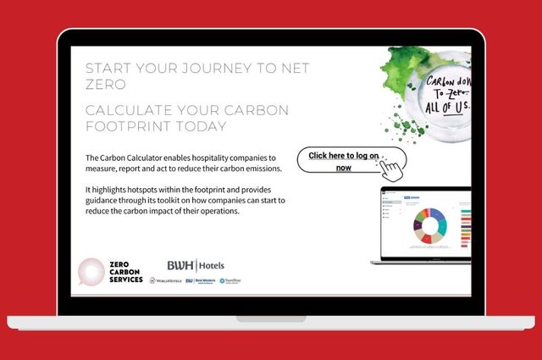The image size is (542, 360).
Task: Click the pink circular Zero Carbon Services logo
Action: [91, 271]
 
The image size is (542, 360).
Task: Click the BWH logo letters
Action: [180, 265]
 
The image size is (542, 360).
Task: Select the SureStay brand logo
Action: [230, 281]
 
